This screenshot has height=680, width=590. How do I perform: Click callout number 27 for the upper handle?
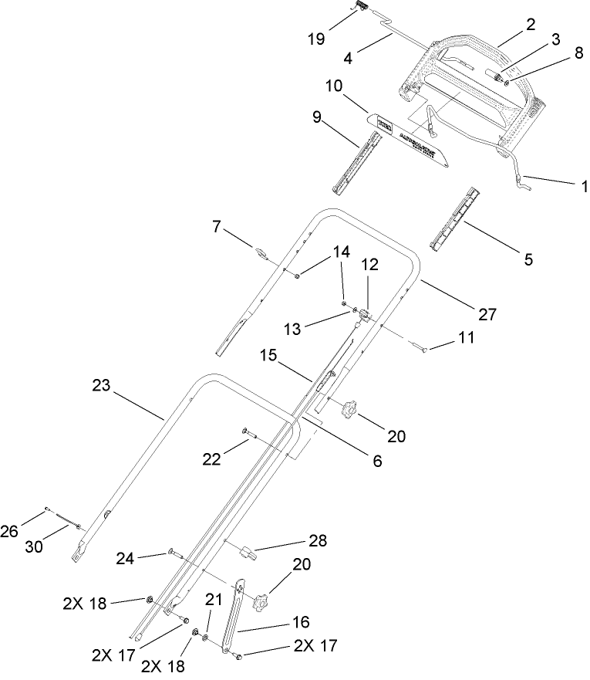486,314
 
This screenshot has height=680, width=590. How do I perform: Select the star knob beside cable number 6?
352,409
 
